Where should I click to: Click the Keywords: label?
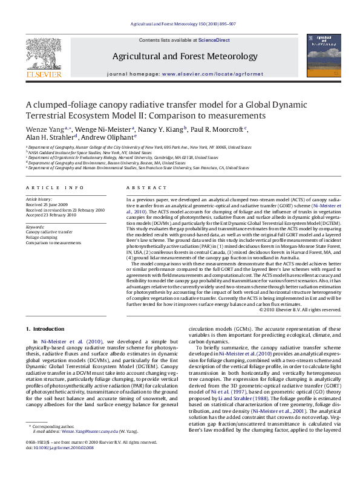[x=36, y=226]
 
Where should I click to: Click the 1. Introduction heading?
[x=48, y=329]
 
